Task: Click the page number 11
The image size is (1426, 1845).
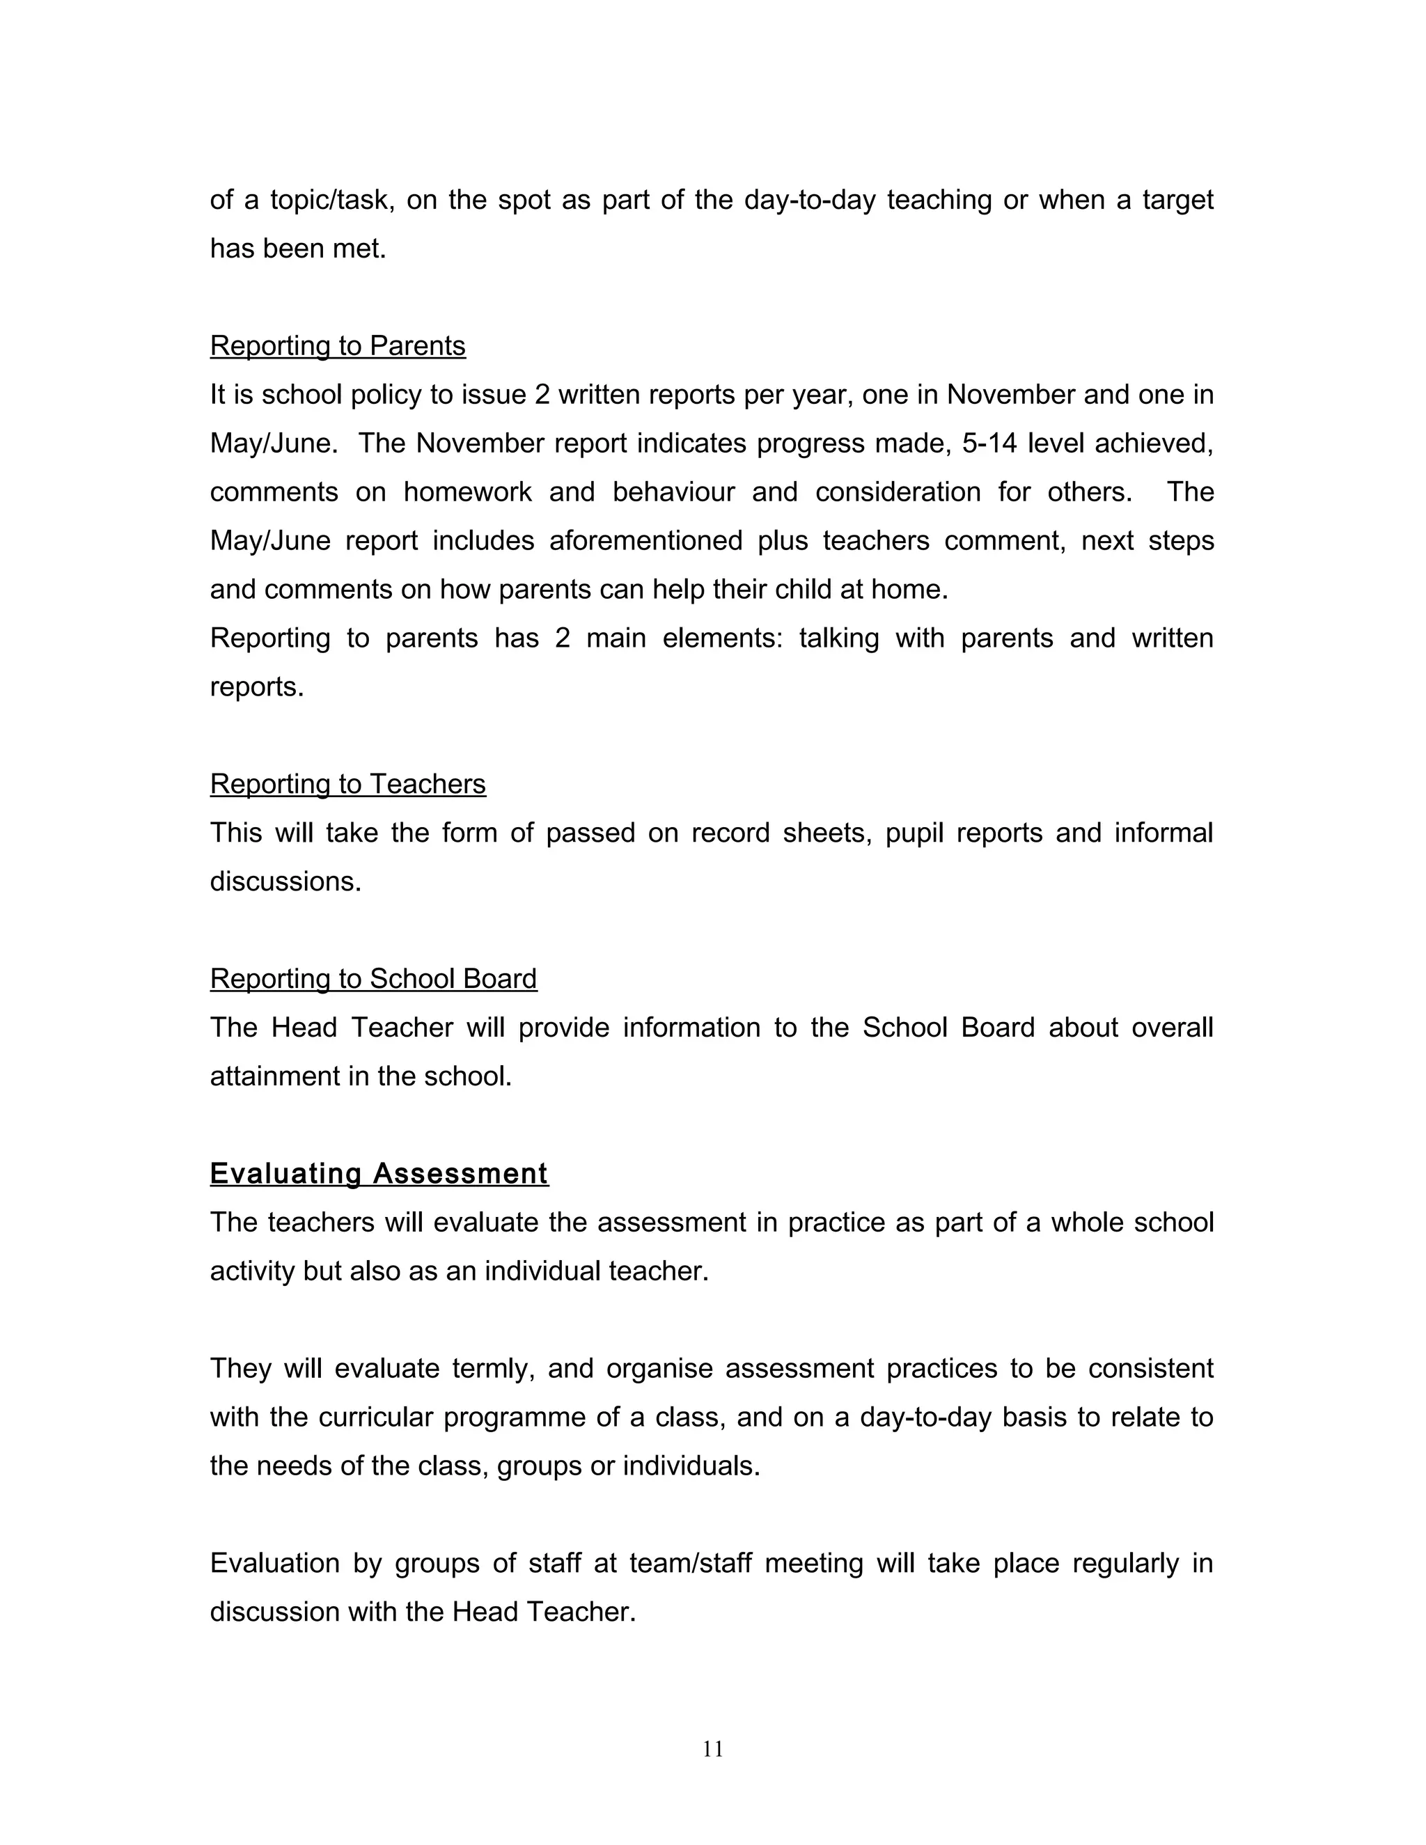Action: point(712,1749)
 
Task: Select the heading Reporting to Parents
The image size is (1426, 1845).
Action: point(337,346)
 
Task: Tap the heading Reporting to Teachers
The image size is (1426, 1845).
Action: point(347,785)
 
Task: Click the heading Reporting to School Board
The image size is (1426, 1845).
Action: point(373,979)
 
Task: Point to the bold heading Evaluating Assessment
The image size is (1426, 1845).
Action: point(379,1175)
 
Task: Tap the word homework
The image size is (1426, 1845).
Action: point(467,492)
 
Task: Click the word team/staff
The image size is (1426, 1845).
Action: point(690,1564)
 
